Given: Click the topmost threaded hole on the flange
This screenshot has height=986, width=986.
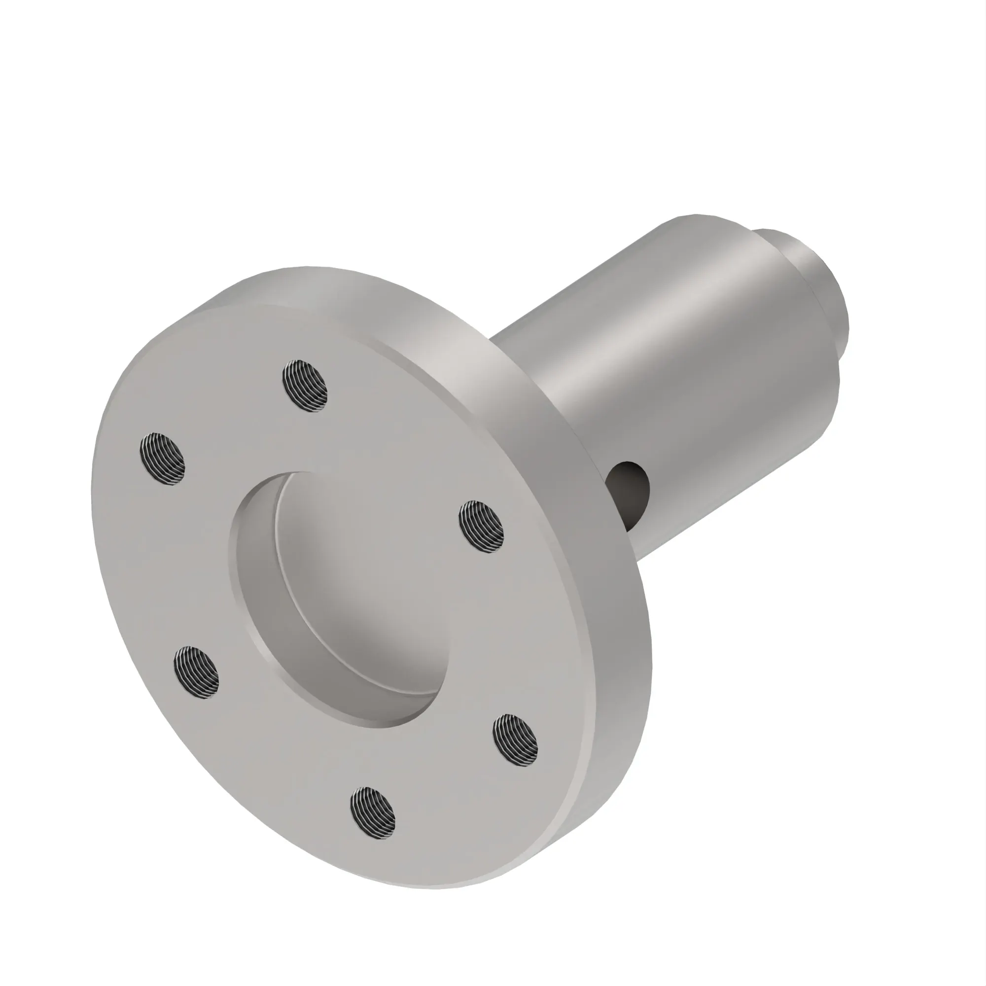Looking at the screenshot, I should (x=304, y=386).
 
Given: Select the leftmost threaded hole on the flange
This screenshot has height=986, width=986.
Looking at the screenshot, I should (x=162, y=459).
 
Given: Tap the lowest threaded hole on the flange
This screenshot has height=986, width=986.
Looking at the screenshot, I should (x=373, y=813).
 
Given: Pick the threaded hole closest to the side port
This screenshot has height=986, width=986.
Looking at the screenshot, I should (x=481, y=528).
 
